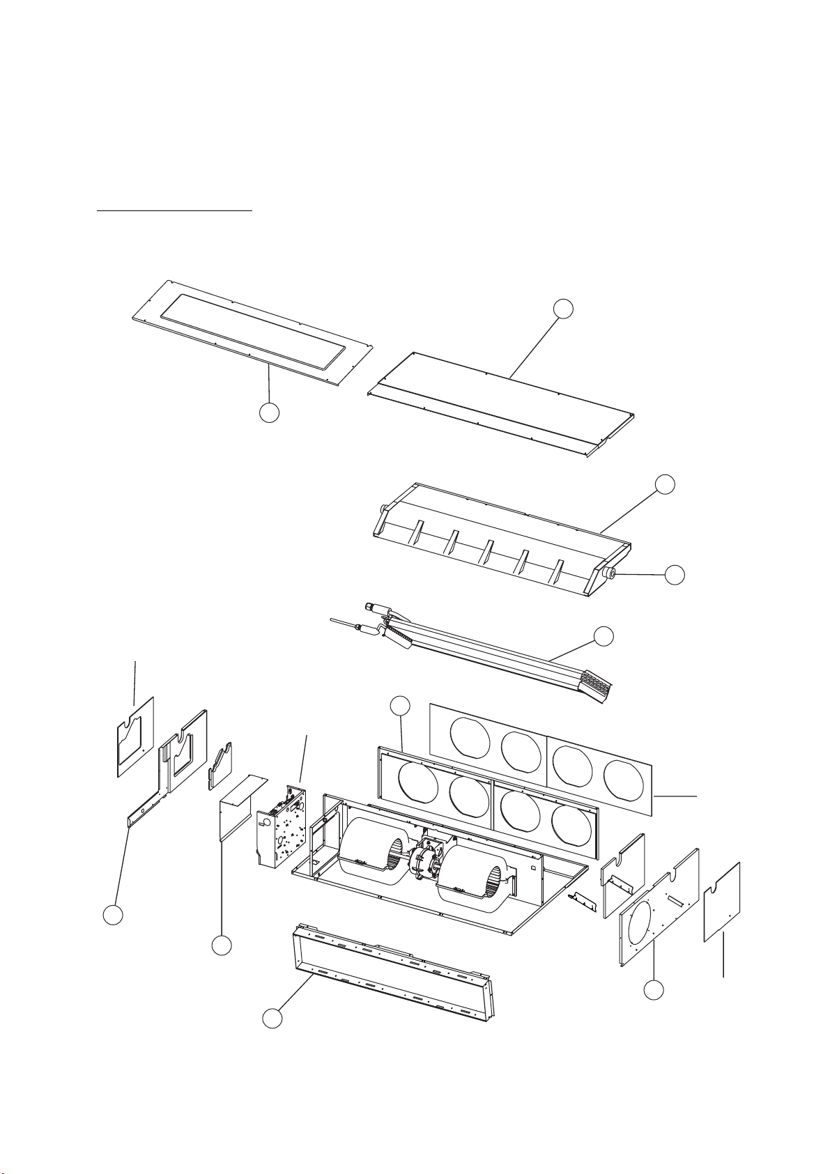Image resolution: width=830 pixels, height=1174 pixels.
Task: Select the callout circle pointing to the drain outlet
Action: pos(674,575)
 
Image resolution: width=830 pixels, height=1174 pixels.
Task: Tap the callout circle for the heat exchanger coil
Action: pos(604,635)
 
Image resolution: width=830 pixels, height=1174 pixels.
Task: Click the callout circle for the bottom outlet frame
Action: pos(272,1019)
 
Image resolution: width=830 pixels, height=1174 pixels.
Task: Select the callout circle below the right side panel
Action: pos(653,990)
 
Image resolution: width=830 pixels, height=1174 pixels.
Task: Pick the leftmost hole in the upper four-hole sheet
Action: pos(471,738)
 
